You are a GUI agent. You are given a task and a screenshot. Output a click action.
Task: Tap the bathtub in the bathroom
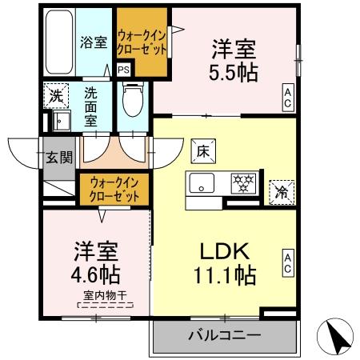click(x=58, y=44)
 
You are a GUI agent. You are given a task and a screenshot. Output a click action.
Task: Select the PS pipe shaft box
click(x=123, y=70)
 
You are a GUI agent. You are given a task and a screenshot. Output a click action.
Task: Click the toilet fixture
click(x=133, y=102)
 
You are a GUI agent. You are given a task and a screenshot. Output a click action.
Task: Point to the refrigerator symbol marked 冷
click(x=282, y=191)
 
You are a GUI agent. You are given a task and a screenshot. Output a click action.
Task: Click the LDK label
click(x=226, y=250)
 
